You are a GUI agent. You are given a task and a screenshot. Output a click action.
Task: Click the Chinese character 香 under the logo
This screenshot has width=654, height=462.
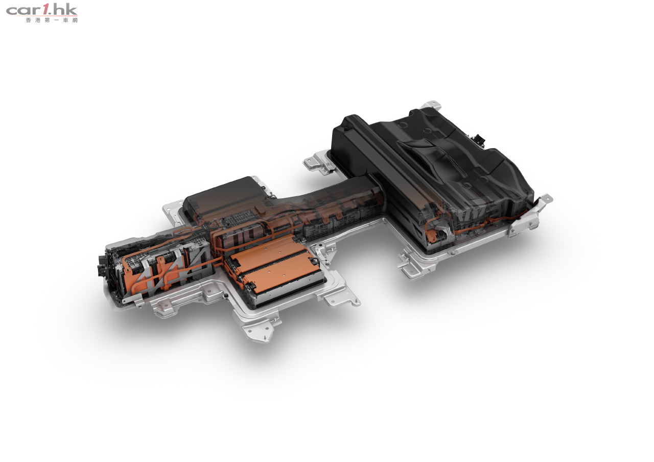click(x=28, y=20)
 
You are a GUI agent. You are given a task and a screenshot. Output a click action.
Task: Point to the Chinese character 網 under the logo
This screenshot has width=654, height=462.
click(x=75, y=20)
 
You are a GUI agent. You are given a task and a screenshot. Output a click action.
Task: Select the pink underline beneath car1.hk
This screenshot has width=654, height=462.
click(x=42, y=16)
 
